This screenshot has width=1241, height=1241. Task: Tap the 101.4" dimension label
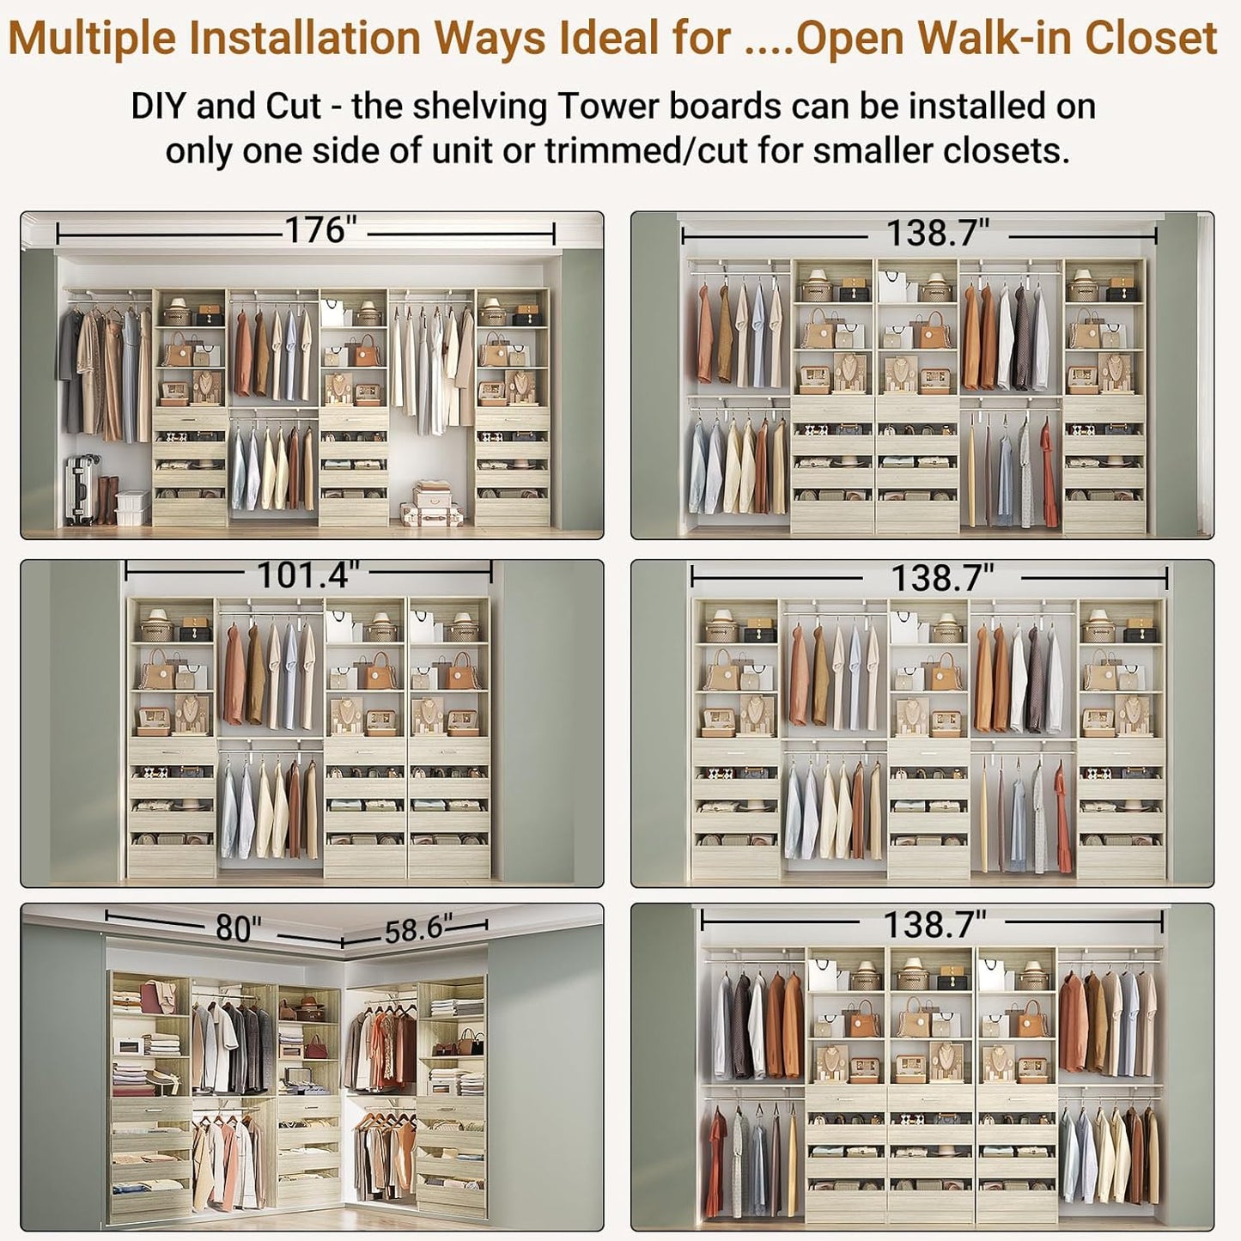307,575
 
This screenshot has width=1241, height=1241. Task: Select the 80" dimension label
238,928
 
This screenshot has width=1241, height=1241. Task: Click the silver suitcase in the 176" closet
82,490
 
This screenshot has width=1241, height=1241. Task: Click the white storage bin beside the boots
133,506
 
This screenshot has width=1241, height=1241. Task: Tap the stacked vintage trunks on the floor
432,504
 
